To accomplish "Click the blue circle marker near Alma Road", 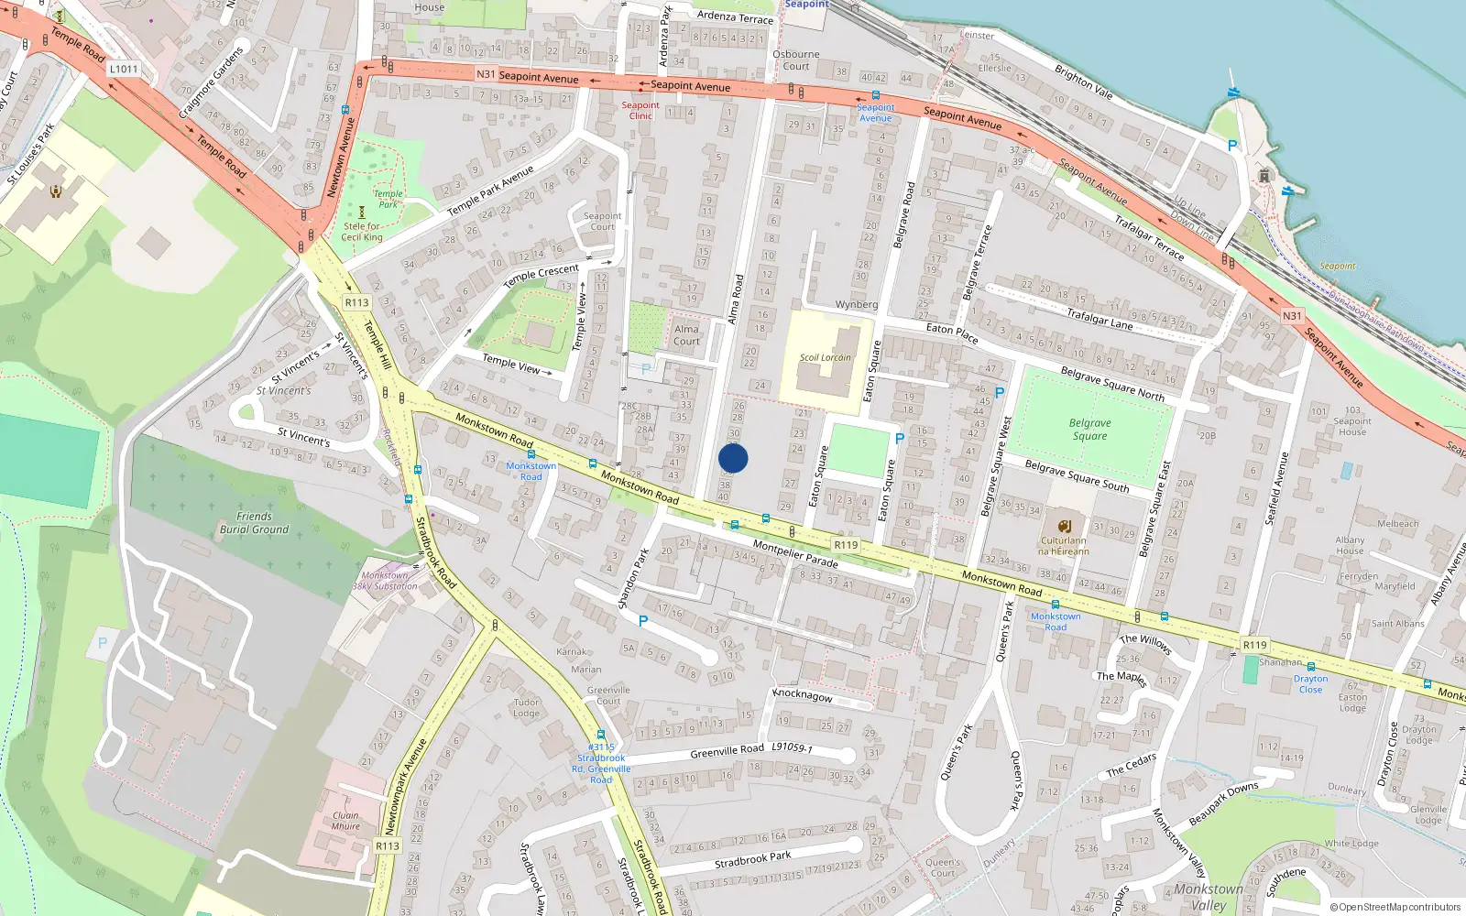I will tap(733, 458).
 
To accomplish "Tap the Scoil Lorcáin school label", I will tap(825, 358).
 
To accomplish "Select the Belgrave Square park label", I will tap(1089, 430).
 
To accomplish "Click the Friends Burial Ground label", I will tap(254, 523).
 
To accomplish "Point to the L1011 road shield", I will tap(124, 69).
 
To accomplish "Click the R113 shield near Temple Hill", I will tap(356, 302).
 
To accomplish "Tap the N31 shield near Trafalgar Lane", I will tap(1291, 316).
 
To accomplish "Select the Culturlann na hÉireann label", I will tap(1063, 546).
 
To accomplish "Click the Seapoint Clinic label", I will tap(640, 111).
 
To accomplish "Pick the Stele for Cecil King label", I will tap(362, 232).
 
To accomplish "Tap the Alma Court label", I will tap(686, 335).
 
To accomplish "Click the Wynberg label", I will tap(857, 304).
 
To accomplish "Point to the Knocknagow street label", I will tap(803, 695).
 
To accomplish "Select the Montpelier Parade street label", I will tap(795, 553).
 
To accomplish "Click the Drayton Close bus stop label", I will tap(1310, 684).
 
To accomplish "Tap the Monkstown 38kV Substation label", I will tap(385, 581).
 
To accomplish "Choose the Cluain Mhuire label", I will tap(345, 821).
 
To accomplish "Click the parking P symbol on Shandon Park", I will tap(643, 621).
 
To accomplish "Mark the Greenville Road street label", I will tap(727, 751).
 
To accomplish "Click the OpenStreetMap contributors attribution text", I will tap(1395, 907).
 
